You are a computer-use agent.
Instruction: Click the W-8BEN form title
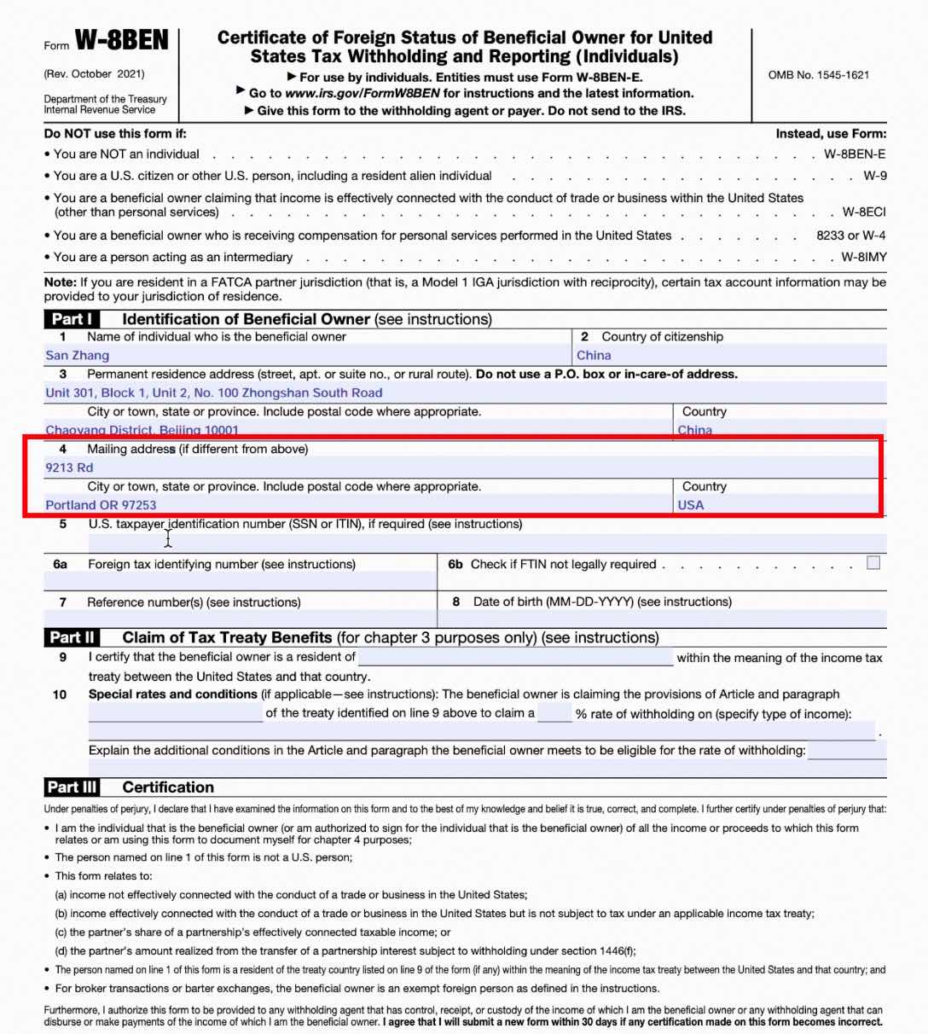tap(122, 41)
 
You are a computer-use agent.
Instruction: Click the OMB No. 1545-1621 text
tap(818, 75)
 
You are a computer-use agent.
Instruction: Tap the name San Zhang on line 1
tap(78, 356)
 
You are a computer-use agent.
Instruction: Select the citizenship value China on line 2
tap(594, 356)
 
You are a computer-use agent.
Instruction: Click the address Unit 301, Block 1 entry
tap(214, 393)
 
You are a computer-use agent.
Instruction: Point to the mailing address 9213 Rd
tap(70, 468)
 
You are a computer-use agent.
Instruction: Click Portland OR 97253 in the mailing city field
tap(101, 505)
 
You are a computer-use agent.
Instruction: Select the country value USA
tap(691, 505)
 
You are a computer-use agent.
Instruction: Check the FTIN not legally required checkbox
tap(873, 563)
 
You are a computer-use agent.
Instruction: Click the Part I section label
tap(72, 319)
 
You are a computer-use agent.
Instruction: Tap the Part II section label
tap(72, 637)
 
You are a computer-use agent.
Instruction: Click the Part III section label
tap(72, 787)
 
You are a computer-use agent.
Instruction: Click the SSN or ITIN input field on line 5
tap(486, 543)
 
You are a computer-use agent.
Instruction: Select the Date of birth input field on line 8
tap(662, 619)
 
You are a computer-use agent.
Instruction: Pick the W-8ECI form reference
tap(863, 212)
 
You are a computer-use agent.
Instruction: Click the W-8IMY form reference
tap(863, 257)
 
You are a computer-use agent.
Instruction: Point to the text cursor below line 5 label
tap(168, 537)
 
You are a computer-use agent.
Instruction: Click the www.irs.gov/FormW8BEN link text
tap(362, 94)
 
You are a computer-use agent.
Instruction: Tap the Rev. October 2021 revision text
tap(95, 74)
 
